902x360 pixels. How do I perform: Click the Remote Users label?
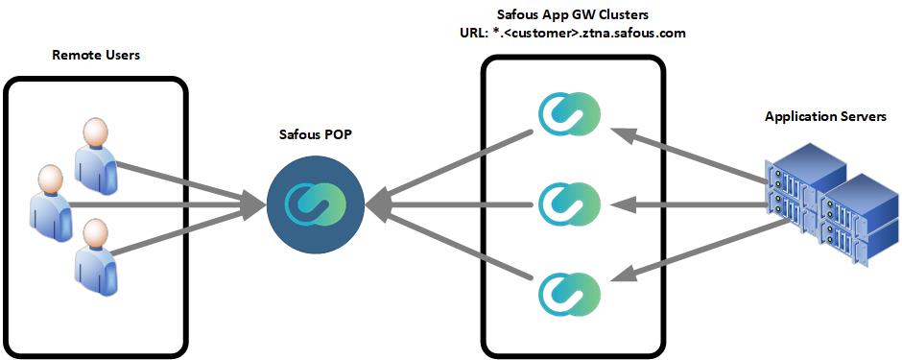[x=96, y=56]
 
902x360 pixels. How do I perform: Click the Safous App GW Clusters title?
[x=572, y=14]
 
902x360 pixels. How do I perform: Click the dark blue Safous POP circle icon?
[x=314, y=203]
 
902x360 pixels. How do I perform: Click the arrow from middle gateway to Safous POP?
[x=451, y=204]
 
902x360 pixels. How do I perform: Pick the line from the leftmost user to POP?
[x=163, y=204]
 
